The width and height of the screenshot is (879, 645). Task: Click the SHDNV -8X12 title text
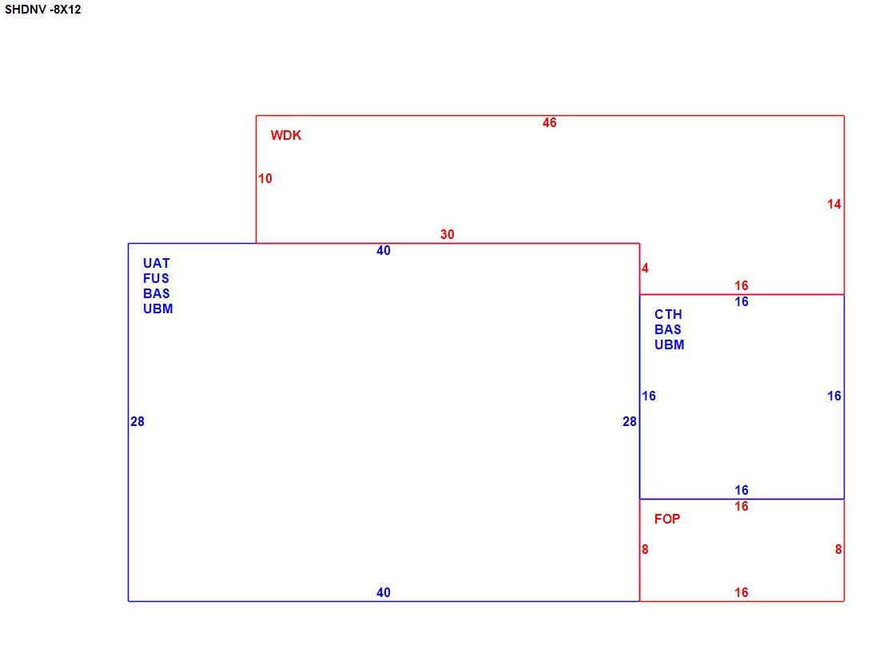point(42,10)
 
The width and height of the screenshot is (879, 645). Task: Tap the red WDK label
point(286,135)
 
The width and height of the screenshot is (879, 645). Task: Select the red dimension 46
point(550,122)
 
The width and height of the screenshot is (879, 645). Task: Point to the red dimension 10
point(265,178)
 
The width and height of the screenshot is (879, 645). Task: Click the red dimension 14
point(834,204)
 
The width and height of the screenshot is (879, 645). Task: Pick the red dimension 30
point(447,234)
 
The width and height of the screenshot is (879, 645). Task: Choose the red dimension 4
point(645,268)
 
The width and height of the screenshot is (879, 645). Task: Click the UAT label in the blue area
point(157,263)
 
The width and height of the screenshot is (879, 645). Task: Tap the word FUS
point(156,278)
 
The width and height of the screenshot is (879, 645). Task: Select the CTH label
point(668,314)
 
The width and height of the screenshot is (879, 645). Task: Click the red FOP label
point(667,519)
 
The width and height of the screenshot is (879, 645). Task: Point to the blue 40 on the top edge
point(384,251)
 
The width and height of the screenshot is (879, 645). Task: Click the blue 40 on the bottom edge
point(384,592)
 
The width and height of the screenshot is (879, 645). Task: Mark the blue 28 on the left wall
point(137,421)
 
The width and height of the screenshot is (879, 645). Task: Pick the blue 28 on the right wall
point(630,421)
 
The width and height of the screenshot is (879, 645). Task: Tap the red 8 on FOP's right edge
point(838,549)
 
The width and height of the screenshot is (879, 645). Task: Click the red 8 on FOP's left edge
point(645,549)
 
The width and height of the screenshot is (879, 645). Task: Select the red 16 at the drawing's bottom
point(742,592)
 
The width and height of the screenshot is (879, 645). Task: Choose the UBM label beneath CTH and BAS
point(670,344)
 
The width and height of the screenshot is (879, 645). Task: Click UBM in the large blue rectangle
point(158,309)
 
